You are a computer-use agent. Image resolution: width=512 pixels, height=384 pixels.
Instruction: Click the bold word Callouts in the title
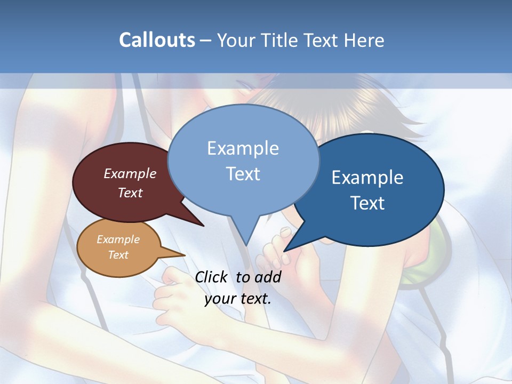click(157, 40)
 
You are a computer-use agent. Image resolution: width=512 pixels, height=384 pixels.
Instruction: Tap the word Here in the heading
click(363, 40)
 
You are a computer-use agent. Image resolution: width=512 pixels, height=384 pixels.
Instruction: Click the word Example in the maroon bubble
click(130, 173)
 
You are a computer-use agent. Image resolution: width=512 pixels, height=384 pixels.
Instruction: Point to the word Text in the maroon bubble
click(130, 193)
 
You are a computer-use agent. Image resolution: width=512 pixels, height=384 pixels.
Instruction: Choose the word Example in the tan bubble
click(118, 239)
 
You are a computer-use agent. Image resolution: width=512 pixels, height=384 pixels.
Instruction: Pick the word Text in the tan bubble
click(118, 255)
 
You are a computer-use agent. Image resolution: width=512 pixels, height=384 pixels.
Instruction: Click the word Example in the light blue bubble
click(243, 148)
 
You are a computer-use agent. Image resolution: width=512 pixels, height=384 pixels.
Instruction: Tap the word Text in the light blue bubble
click(243, 174)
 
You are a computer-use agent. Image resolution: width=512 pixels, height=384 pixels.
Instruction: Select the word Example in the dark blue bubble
click(367, 177)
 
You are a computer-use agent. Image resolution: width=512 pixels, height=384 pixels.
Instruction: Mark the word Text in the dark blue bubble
click(367, 203)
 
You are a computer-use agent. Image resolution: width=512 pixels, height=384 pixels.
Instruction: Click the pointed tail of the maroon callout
click(192, 219)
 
